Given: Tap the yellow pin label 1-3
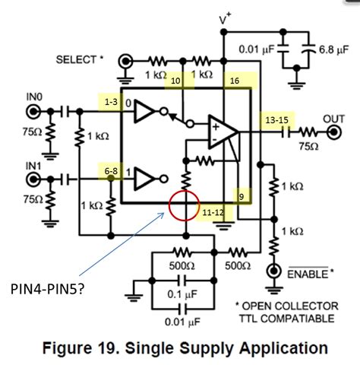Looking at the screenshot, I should coord(111,102).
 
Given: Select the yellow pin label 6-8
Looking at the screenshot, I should coord(111,173).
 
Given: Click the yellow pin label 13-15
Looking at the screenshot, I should coord(276,119).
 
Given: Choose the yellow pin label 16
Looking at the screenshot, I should coord(235,81).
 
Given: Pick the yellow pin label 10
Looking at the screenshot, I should coord(175,81).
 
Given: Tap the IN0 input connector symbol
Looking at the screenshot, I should coord(34,112).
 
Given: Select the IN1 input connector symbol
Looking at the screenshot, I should coord(34,179).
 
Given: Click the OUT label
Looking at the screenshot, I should coord(335,119).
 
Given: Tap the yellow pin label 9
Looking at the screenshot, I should coord(242,195).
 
